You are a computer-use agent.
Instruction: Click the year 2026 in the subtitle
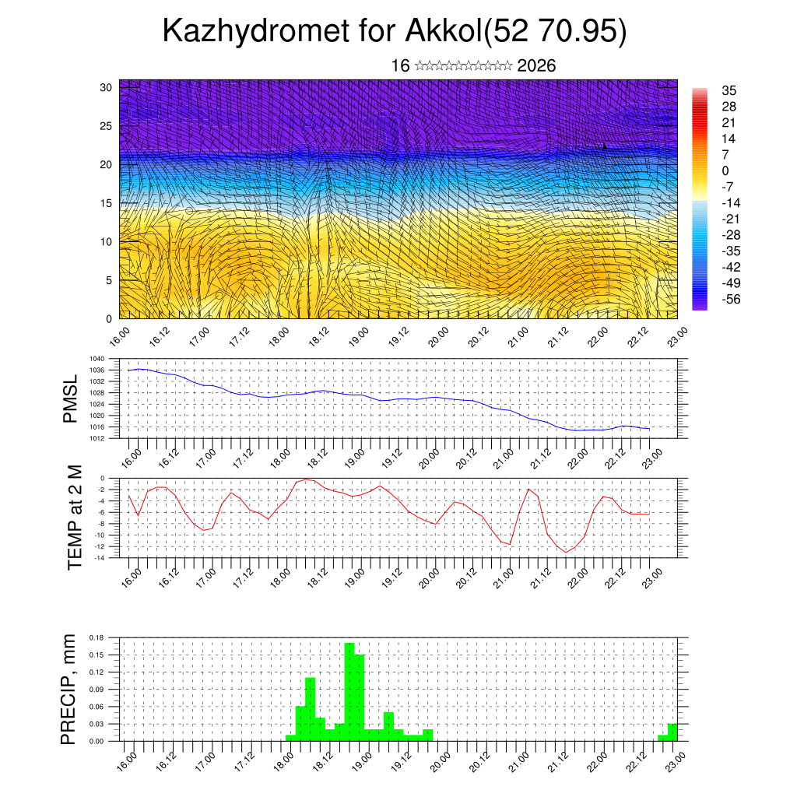click(536, 66)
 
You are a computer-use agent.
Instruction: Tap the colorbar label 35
click(729, 91)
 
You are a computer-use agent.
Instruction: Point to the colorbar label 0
click(725, 170)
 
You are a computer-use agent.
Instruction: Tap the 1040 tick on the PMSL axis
click(97, 359)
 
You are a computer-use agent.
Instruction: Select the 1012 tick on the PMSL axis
click(97, 438)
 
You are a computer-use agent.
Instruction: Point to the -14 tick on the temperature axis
click(100, 558)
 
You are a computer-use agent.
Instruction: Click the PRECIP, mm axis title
click(69, 689)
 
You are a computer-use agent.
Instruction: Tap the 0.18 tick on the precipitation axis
click(97, 637)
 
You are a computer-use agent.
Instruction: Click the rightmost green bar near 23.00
click(672, 732)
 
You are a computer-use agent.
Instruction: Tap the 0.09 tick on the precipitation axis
click(97, 690)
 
